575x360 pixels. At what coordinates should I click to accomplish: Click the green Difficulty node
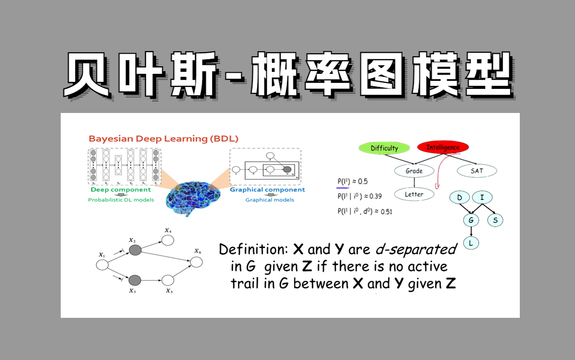click(x=384, y=148)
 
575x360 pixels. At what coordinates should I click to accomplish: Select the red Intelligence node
click(x=443, y=147)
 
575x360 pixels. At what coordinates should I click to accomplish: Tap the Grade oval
click(x=414, y=171)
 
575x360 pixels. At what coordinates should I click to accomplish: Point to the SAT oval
click(x=477, y=171)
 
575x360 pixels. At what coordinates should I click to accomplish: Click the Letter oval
click(x=414, y=194)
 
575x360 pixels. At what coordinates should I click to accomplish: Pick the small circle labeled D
click(x=459, y=197)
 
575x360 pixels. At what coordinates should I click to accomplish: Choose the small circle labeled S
click(x=495, y=220)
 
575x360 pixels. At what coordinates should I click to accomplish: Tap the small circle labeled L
click(x=471, y=243)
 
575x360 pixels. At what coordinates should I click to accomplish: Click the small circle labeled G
click(x=471, y=220)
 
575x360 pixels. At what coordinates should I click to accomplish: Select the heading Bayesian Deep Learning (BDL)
click(x=163, y=139)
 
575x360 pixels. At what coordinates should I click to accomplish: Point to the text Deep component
click(x=120, y=190)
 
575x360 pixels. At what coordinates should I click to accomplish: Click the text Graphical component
click(x=267, y=190)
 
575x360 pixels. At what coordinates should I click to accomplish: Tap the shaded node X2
click(x=135, y=250)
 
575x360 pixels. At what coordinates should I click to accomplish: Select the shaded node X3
click(x=135, y=280)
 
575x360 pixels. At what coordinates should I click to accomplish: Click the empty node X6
click(x=196, y=262)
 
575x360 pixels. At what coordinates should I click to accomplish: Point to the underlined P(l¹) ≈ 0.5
click(x=353, y=182)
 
